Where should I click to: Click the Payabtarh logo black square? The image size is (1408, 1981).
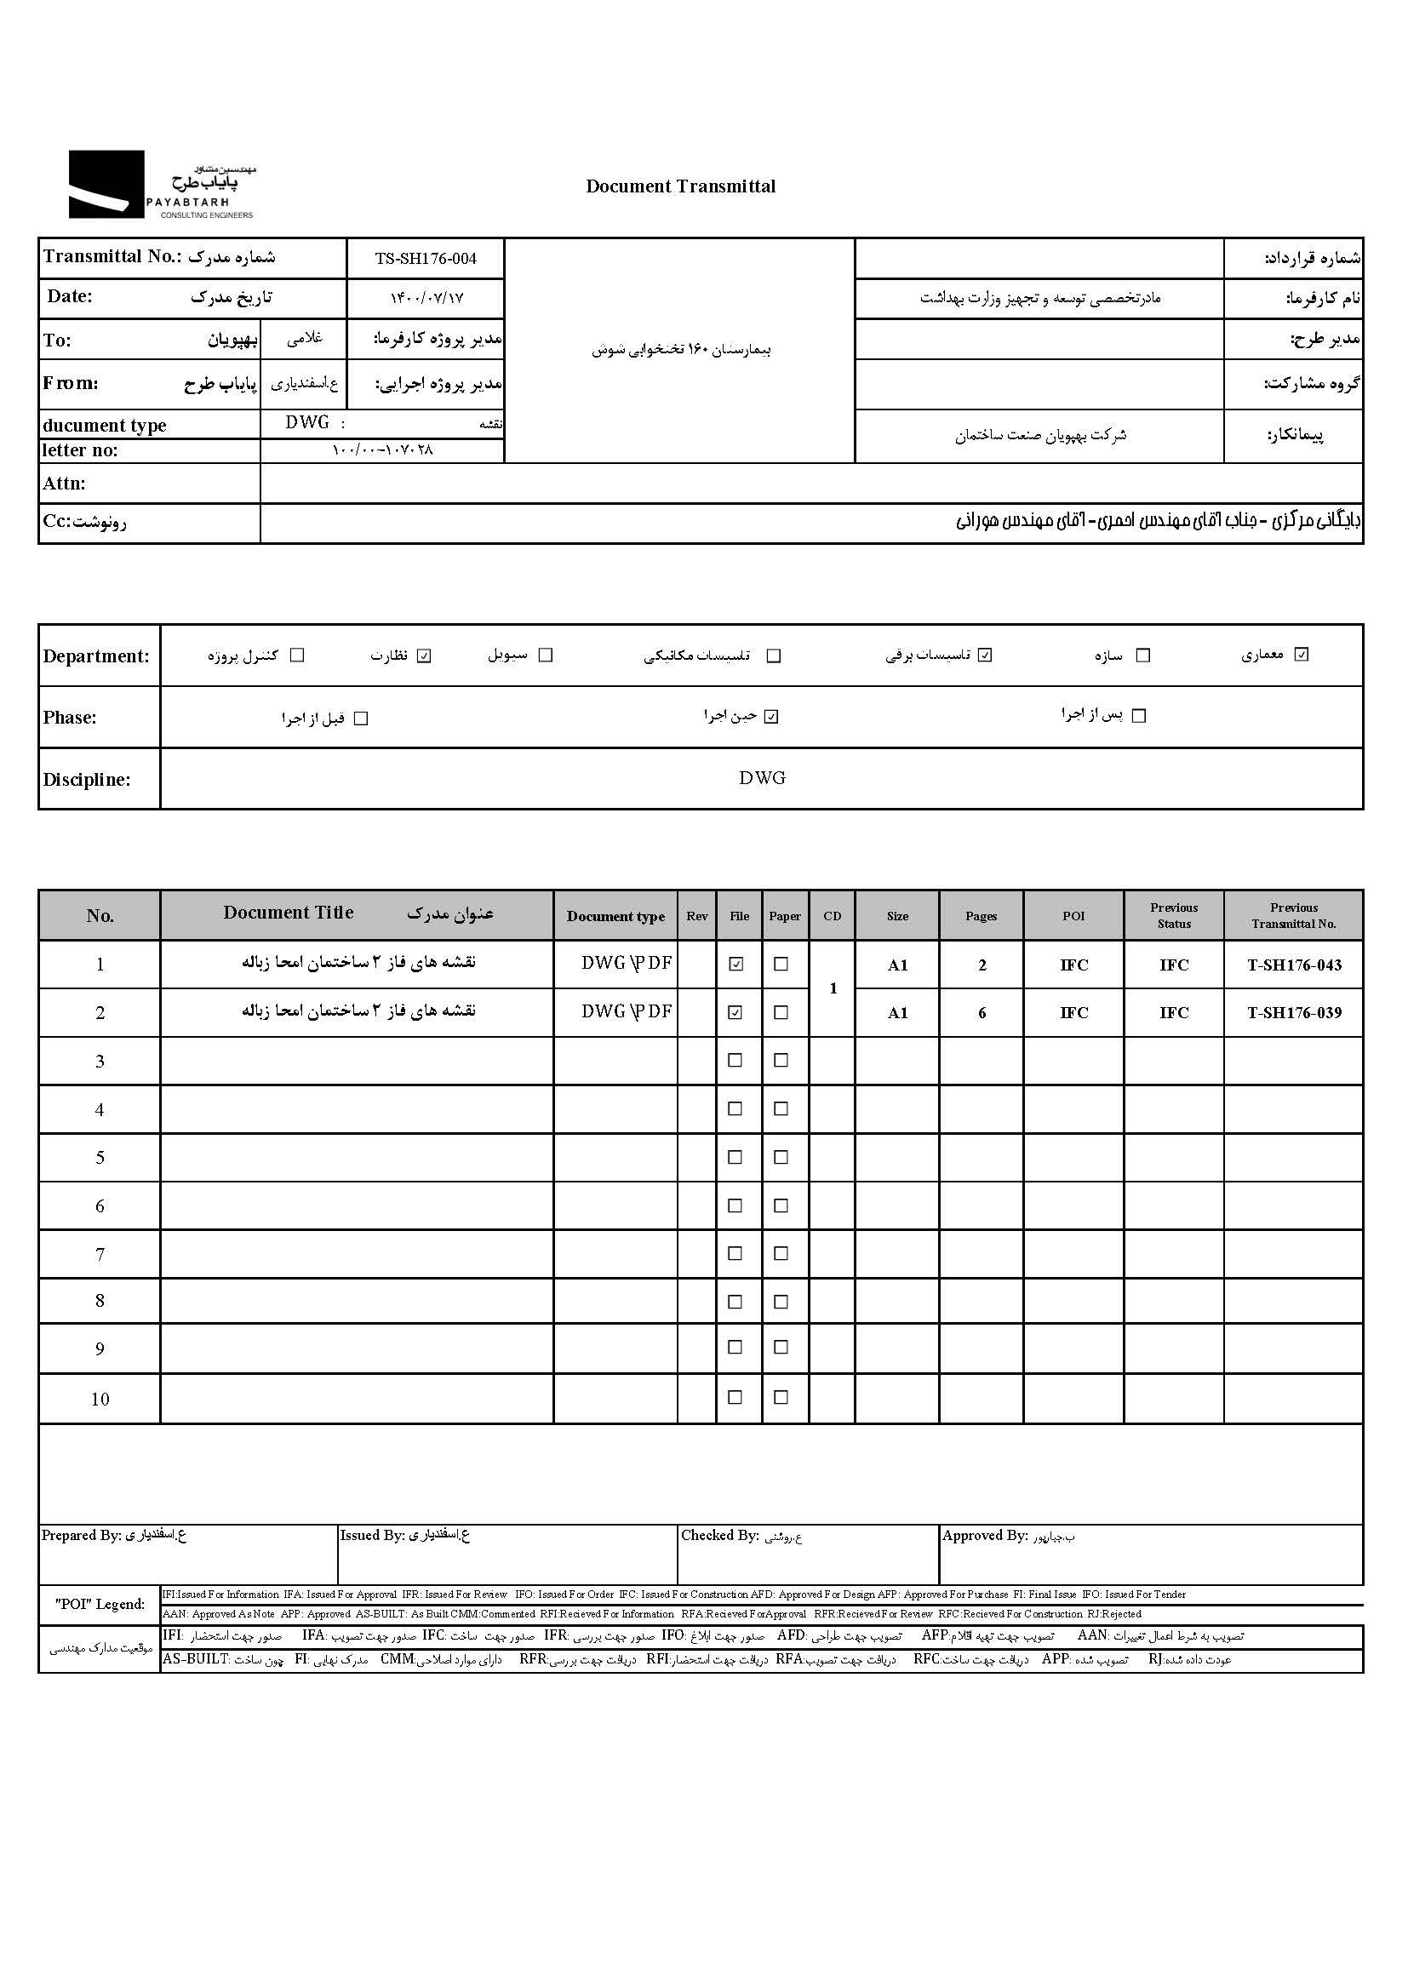(106, 184)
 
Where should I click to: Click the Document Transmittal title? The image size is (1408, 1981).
(681, 186)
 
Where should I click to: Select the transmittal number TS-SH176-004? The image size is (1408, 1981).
(426, 258)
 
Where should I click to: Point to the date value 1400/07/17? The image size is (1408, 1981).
(426, 298)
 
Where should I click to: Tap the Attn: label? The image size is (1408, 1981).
(65, 484)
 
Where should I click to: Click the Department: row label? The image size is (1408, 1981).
(96, 656)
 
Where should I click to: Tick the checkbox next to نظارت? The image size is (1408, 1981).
(424, 656)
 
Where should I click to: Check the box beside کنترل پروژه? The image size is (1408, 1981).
(297, 656)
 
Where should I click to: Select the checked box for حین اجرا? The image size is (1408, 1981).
(771, 717)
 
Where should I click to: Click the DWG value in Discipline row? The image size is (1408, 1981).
(762, 779)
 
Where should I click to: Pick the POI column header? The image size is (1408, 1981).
(1073, 916)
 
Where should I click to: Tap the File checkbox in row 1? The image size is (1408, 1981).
(736, 964)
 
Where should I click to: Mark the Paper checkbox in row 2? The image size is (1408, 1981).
(781, 1012)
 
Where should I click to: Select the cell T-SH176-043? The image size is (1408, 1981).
(1294, 965)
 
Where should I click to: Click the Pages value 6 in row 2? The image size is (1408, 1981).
(982, 1013)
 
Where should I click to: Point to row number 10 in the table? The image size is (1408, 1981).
(100, 1400)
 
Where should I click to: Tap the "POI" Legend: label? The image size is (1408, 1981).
(100, 1604)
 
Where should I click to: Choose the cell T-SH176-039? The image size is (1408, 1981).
(1294, 1013)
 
